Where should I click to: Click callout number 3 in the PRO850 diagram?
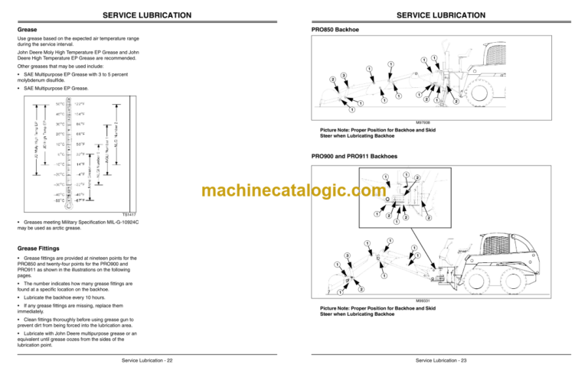344,74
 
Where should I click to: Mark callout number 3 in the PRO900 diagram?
347,255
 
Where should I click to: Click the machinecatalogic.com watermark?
294,192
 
